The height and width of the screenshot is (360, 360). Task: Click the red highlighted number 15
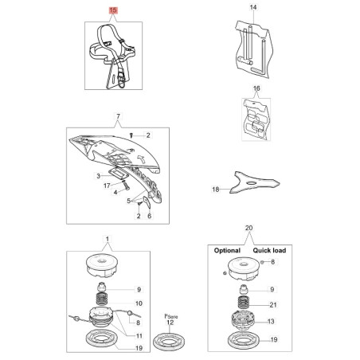coord(113,10)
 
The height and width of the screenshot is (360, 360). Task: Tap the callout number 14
coord(253,7)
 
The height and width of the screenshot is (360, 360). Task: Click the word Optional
coord(227,250)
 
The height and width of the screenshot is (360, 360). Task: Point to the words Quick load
coord(269,250)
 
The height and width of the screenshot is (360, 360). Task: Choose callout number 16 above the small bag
coord(256,88)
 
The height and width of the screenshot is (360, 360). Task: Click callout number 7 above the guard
coord(118,116)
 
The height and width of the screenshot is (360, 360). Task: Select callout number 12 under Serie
coord(170,323)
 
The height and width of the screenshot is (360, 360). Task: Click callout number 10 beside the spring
coord(139,303)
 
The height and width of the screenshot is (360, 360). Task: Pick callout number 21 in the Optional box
coord(273,305)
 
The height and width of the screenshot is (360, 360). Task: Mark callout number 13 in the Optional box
coord(271,322)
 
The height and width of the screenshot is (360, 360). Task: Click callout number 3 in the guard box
coord(99,176)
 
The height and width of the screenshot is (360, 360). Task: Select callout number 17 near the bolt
coord(107,186)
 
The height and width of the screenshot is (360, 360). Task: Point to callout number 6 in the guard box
coord(149,216)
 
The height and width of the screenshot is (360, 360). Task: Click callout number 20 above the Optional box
coord(248,228)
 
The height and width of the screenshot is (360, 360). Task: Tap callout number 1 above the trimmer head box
coord(108,239)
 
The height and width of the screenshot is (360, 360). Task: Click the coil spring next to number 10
coord(102,299)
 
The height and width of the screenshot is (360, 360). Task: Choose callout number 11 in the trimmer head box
coord(139,336)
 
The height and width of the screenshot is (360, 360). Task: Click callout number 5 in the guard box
coord(129,201)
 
